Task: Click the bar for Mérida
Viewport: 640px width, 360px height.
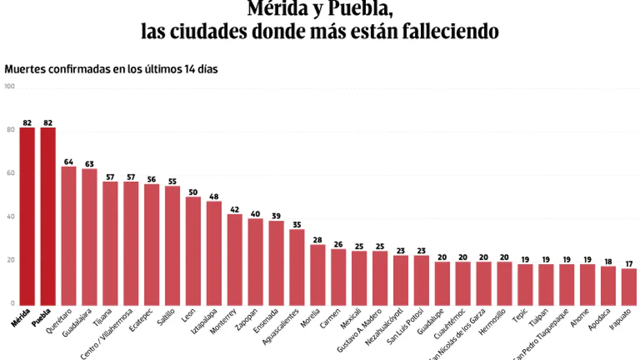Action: click(27, 216)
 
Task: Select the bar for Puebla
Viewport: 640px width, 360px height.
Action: click(48, 216)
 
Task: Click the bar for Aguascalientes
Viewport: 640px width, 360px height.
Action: click(297, 267)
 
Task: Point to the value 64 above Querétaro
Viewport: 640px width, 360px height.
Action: click(69, 162)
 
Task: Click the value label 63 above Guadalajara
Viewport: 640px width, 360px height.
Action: click(90, 163)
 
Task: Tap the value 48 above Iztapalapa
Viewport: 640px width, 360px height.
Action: click(214, 196)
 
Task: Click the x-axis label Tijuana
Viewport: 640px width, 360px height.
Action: click(104, 318)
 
